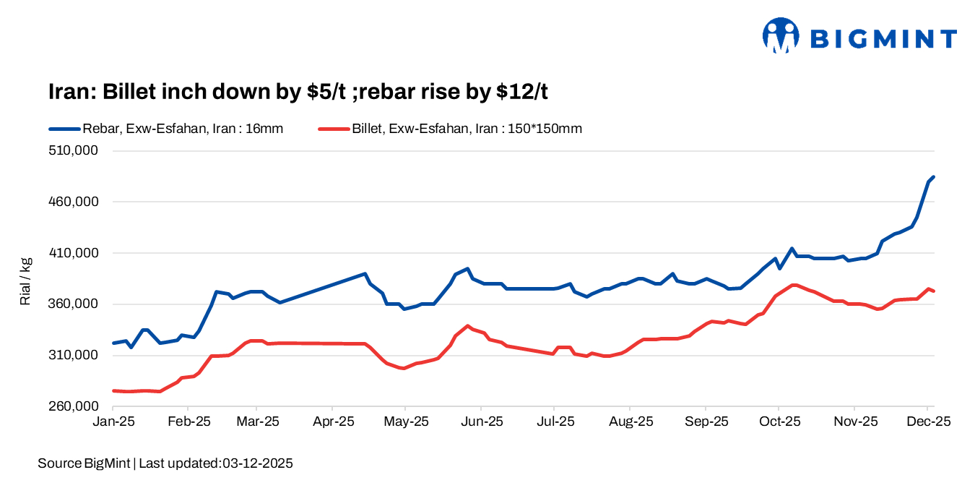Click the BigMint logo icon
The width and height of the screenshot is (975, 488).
(781, 36)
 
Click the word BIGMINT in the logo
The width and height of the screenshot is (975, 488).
(883, 38)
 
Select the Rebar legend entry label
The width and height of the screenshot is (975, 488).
(183, 129)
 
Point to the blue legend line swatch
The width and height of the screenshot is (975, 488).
(65, 129)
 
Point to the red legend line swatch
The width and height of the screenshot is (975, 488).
(334, 129)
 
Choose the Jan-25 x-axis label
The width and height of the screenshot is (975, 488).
(113, 421)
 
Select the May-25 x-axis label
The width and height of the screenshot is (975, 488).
(406, 421)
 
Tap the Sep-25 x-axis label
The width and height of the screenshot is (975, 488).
(706, 421)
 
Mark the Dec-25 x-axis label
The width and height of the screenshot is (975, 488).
(929, 421)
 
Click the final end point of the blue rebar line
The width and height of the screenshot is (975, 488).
(934, 176)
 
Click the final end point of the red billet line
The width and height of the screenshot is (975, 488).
(934, 291)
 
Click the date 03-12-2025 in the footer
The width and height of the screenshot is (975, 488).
(256, 463)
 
